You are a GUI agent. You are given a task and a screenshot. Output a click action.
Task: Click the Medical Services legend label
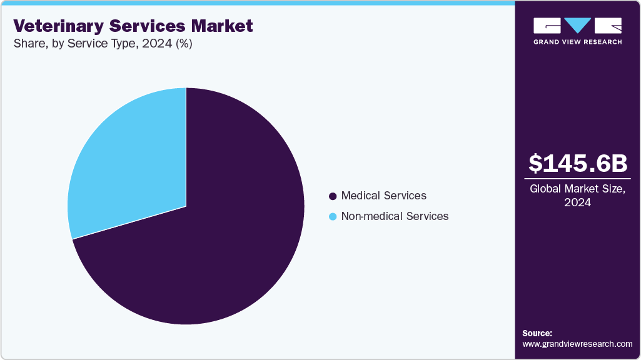[x=383, y=196]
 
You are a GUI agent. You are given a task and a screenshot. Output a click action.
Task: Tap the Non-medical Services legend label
[x=395, y=216]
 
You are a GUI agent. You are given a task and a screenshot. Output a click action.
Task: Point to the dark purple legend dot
[x=333, y=196]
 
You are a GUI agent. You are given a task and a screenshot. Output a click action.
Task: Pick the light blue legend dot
[x=333, y=217]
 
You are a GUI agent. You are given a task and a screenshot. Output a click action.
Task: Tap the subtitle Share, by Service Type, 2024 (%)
[x=103, y=45]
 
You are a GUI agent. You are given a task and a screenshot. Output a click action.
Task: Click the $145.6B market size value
[x=577, y=163]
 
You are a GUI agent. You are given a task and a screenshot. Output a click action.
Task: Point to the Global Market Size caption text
[x=577, y=189]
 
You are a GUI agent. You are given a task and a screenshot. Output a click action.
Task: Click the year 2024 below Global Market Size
[x=577, y=202]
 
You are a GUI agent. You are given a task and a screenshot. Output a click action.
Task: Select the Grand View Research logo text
[x=577, y=42]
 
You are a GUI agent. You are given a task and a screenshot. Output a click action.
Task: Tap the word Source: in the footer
[x=537, y=333]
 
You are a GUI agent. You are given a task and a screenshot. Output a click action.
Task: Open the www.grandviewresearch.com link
[x=577, y=344]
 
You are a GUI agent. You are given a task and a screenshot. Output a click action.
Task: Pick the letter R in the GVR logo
[x=608, y=26]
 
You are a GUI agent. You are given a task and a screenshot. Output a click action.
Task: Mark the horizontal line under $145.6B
[x=577, y=179]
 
